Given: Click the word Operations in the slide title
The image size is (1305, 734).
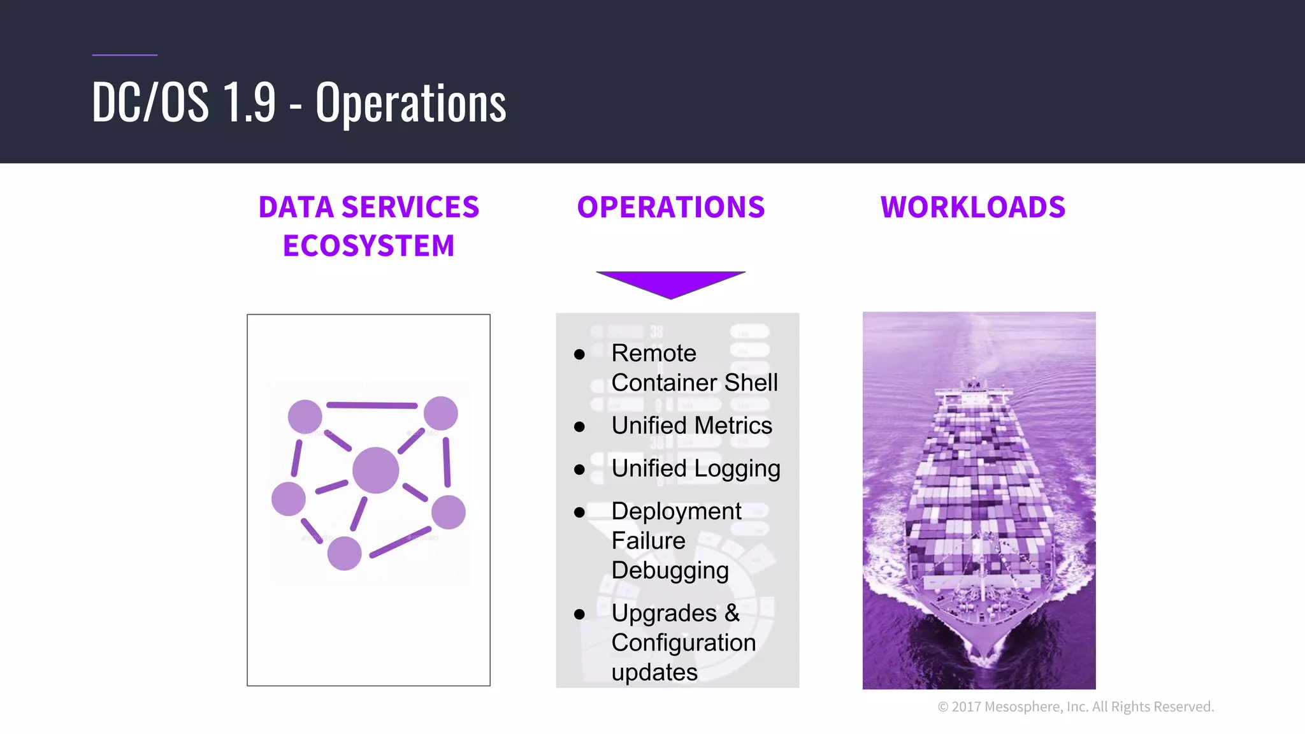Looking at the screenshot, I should pos(411,103).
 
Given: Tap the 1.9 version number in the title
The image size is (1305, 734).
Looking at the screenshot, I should pos(249,103).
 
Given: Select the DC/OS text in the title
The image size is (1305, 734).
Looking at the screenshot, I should pos(150,103).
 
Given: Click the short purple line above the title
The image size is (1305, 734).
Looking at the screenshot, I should pos(124,55).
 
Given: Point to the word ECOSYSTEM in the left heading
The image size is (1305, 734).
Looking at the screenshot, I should pos(368,246).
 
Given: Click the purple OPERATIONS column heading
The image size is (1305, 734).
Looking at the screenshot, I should pos(670,208).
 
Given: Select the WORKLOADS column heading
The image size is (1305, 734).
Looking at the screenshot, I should pos(972,208).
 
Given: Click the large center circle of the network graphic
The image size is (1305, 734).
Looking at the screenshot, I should pos(375,470).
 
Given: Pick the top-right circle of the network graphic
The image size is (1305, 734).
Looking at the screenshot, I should pos(441,413).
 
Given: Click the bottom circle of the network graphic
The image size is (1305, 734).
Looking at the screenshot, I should pos(344,553).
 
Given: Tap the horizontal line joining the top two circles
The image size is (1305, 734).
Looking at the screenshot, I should pos(371,405).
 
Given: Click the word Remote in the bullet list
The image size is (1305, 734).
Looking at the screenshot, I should pos(654,353).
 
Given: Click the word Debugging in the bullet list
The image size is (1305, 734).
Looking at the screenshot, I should pos(670,570).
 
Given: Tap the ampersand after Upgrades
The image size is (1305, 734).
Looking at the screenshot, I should pos(732,613).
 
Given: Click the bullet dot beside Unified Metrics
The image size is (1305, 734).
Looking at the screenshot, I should pos(579,427).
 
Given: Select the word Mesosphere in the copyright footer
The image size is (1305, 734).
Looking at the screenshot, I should pos(1023,707).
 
